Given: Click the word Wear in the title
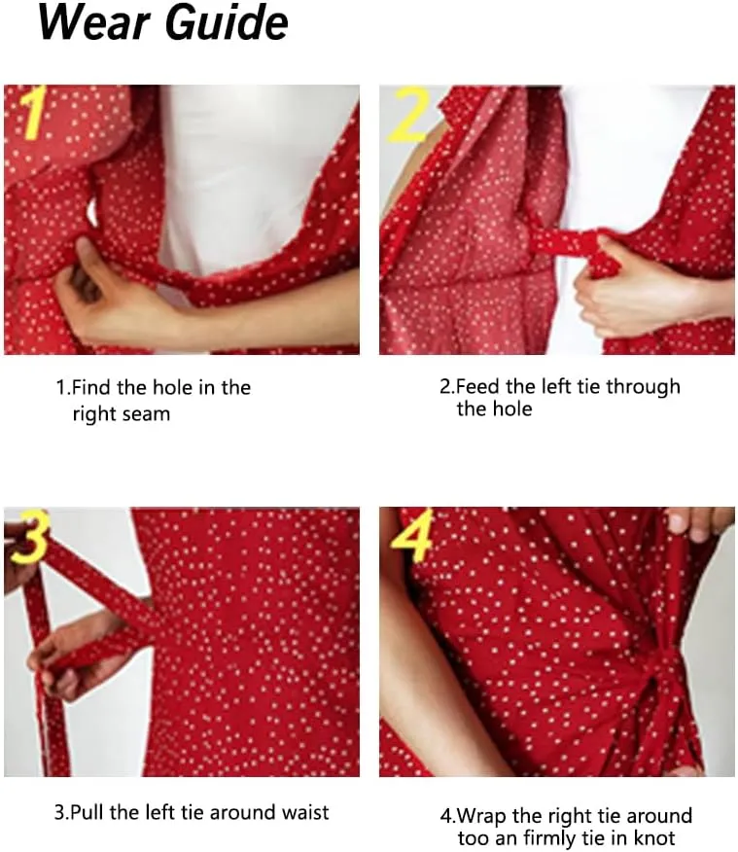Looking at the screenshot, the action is point(93,22).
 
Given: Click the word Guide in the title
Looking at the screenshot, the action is point(226,22).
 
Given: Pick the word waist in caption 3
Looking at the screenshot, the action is point(304,812).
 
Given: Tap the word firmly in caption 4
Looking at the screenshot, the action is point(550,838).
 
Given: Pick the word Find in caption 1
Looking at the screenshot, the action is point(92,388).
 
